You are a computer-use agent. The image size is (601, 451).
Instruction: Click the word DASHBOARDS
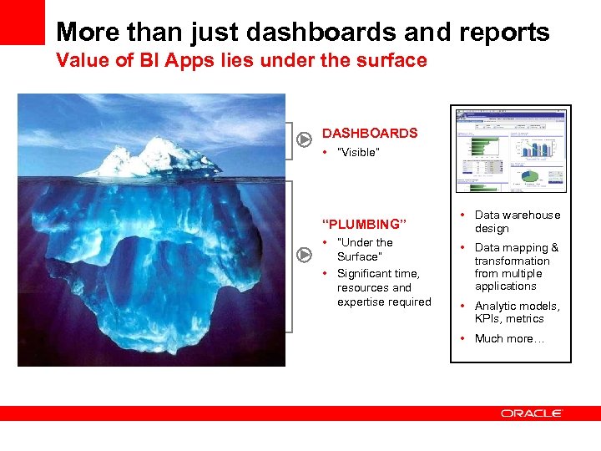(x=369, y=134)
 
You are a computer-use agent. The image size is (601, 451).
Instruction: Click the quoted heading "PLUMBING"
(x=364, y=224)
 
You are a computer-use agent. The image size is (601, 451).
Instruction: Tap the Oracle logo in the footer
(x=532, y=413)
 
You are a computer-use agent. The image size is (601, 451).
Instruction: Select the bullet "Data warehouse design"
(x=517, y=221)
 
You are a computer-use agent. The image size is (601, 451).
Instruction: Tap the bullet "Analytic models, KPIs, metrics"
(x=517, y=312)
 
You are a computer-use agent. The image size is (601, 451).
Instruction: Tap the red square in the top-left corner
(x=22, y=22)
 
